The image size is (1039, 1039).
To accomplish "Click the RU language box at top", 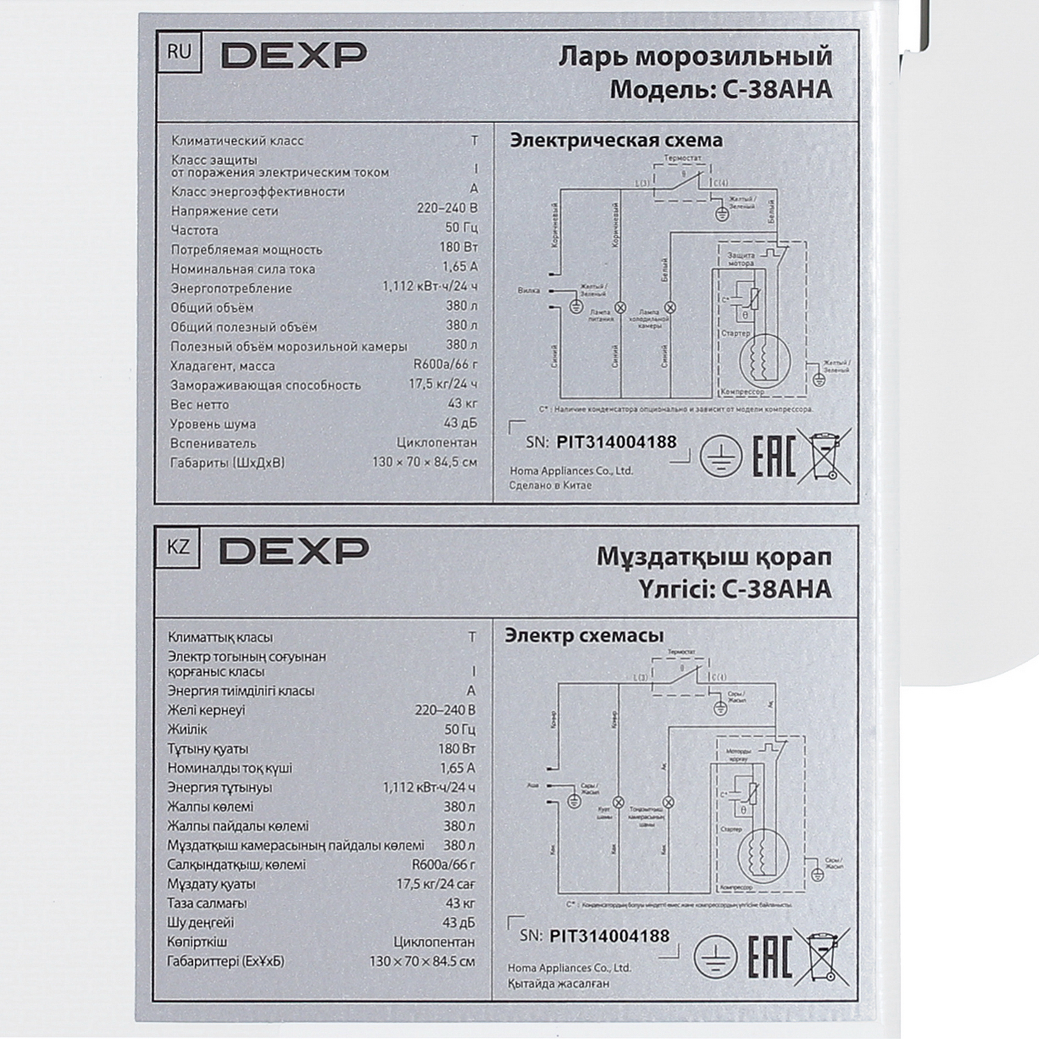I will coord(179,52).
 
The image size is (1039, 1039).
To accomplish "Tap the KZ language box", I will coord(178,547).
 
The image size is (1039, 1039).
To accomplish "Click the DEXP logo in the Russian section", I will coord(294,56).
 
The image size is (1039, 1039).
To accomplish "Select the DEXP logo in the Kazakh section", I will coord(294,551).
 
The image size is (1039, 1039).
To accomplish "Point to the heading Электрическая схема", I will coord(616,140).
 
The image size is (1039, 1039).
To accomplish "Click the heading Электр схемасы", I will coord(583,635).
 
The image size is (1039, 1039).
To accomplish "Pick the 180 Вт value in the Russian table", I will coord(458,247).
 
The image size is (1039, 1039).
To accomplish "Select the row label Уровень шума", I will coord(213,424).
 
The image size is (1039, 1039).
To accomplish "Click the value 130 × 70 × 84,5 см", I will coord(424,462).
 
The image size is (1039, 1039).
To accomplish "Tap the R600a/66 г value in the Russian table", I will coord(445,364).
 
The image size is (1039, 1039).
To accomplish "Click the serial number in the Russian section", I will coord(616,442).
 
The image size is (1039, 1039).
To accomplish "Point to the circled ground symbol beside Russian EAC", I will coord(721,457).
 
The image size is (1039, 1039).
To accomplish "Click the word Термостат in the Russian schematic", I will coord(683,158).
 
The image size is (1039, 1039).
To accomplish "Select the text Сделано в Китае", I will coord(550,485).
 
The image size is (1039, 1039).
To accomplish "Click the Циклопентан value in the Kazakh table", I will coord(434,942).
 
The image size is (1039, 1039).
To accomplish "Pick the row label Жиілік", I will coord(187,730).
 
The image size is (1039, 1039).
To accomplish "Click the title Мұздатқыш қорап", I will coord(714,557).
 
